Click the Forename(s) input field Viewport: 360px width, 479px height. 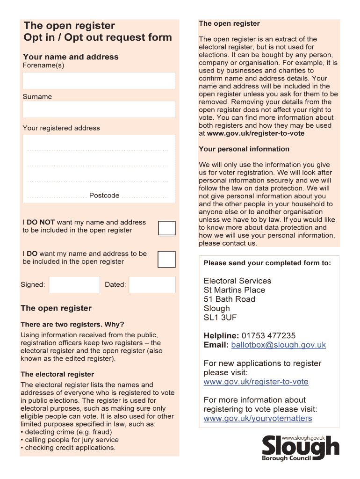[99, 80]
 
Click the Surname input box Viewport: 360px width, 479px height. [99, 109]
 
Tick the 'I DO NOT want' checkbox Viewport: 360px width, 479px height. [167, 228]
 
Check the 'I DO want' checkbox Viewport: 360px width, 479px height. [167, 259]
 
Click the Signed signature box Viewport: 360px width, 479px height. [74, 284]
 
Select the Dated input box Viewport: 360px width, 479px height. [152, 284]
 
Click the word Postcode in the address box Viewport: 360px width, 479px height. [104, 196]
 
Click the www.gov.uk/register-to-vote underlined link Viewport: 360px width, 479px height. [256, 382]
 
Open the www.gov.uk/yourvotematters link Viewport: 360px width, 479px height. [258, 418]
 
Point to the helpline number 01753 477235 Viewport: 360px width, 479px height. [269, 336]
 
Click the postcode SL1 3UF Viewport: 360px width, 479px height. [220, 318]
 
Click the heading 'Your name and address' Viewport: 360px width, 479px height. [71, 57]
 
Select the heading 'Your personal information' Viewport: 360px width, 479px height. [244, 149]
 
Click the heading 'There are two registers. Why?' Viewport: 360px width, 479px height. [72, 325]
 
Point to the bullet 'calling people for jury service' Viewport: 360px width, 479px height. [70, 440]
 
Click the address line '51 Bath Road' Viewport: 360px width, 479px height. [229, 299]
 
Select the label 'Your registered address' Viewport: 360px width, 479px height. [61, 128]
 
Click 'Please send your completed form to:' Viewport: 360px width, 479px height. [267, 263]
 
